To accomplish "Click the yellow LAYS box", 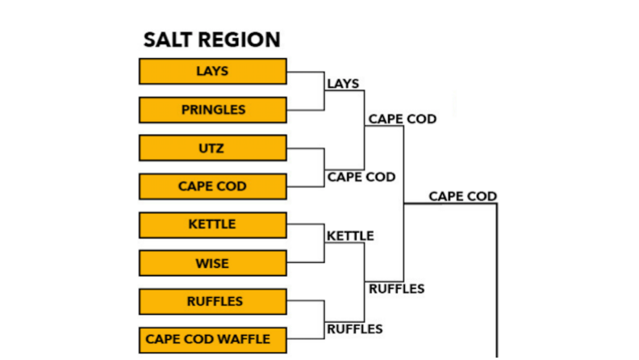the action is tap(213, 71).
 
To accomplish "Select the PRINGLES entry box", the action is tap(213, 110).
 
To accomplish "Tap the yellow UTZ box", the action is tap(213, 148).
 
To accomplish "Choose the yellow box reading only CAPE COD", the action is tap(213, 186).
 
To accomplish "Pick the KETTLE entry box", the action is tap(213, 224).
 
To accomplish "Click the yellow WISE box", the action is tap(213, 263).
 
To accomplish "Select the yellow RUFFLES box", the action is tap(213, 301).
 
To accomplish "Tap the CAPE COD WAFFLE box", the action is tap(213, 340).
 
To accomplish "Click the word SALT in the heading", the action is tap(168, 40).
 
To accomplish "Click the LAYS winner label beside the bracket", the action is tap(343, 84).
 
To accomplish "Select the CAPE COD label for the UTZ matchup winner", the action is tap(361, 177).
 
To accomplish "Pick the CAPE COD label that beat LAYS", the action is tap(403, 119).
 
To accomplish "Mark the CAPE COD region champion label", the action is tap(463, 196).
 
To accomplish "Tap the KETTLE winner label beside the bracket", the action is tap(350, 236).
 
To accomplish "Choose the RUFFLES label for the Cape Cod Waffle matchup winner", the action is tap(355, 329).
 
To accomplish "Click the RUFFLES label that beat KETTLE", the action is tap(397, 289).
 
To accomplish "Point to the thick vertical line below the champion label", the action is tap(497, 281).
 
